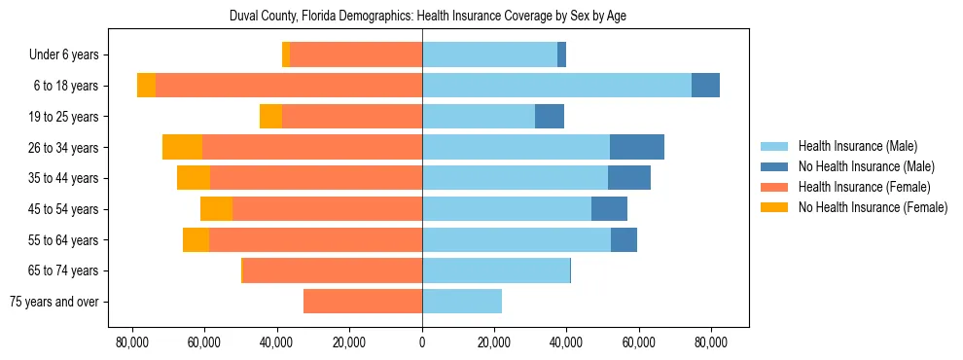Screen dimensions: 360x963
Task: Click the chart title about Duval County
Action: [x=422, y=17]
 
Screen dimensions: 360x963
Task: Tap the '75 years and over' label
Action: [x=53, y=302]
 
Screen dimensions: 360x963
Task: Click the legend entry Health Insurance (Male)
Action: [x=857, y=146]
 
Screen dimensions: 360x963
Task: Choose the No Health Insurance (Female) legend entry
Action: [x=872, y=207]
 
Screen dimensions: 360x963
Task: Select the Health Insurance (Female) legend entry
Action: [x=864, y=187]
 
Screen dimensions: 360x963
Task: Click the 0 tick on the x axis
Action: [x=422, y=342]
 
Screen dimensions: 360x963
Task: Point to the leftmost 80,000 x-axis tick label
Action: [x=132, y=342]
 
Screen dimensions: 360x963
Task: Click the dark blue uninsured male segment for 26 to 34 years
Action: [x=637, y=147]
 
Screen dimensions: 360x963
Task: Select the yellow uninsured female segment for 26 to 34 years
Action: [x=182, y=147]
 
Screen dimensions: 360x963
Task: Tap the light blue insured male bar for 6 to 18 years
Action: [x=556, y=86]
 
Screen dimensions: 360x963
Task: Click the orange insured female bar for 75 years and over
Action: [x=363, y=302]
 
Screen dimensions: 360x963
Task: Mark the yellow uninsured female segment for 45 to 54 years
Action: [x=216, y=209]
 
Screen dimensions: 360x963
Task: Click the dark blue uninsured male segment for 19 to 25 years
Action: [x=550, y=117]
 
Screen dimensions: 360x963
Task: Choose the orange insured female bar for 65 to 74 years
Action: [x=333, y=270]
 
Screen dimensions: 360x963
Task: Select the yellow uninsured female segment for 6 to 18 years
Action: [x=146, y=86]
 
